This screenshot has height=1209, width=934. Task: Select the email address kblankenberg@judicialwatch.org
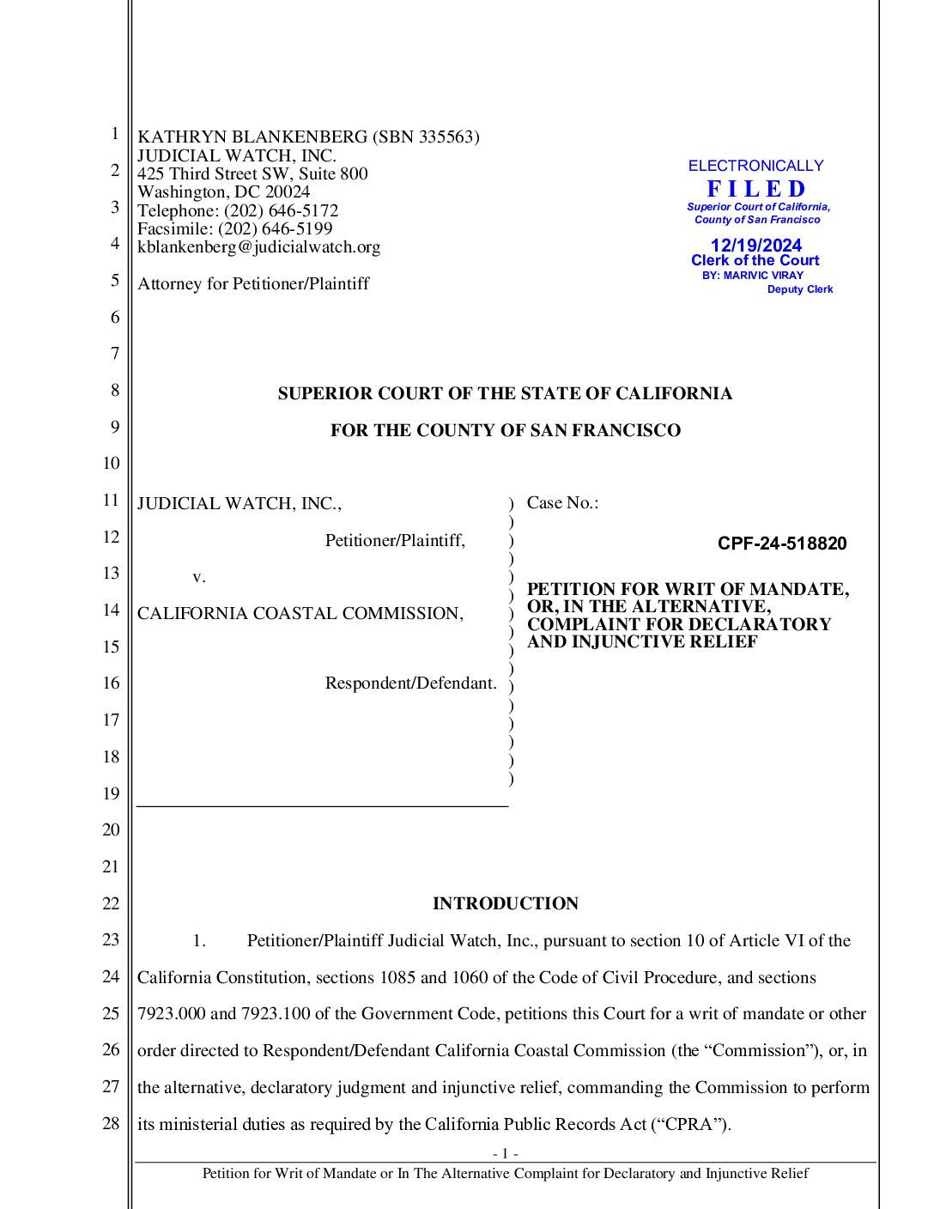click(x=258, y=247)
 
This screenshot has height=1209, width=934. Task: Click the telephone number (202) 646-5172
click(x=281, y=210)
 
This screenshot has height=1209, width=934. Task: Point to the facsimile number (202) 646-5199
click(x=275, y=228)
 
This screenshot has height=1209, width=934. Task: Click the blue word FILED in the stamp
click(x=756, y=189)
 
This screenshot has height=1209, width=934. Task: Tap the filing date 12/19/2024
click(x=756, y=246)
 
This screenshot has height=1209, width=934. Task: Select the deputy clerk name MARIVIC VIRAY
click(x=763, y=276)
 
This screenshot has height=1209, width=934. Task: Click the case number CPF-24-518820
click(x=782, y=544)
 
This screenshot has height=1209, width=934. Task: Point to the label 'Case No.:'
click(x=562, y=503)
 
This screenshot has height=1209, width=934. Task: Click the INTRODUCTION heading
click(x=505, y=903)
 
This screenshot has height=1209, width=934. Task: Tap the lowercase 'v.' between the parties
click(x=199, y=577)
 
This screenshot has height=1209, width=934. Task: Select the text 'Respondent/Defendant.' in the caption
click(x=410, y=683)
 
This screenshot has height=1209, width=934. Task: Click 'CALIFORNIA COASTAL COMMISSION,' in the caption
click(x=300, y=613)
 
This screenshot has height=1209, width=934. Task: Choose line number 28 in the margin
click(x=111, y=1123)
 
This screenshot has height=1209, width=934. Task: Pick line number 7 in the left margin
click(x=114, y=353)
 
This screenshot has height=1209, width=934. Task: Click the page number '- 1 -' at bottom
click(x=505, y=1153)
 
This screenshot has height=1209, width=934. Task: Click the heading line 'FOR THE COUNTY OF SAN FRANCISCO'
click(x=505, y=430)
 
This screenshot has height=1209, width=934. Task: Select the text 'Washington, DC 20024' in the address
click(x=223, y=191)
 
